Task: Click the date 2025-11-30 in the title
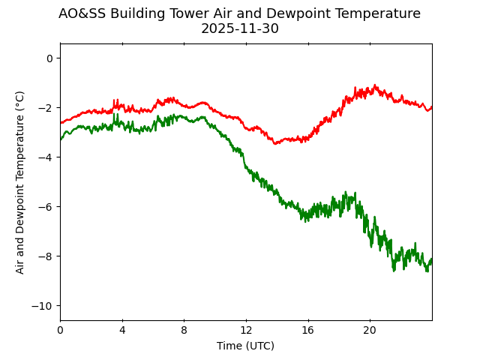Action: point(239,29)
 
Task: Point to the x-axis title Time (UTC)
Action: point(245,346)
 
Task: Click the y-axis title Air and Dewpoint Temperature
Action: point(20,182)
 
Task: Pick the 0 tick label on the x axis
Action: point(60,330)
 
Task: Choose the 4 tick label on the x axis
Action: point(122,330)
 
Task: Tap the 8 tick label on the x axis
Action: point(184,330)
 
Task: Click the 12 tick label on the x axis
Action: point(246,330)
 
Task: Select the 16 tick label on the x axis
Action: point(307,330)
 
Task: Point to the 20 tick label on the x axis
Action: point(370,330)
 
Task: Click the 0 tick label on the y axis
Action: point(49,58)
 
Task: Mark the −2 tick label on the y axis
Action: point(45,108)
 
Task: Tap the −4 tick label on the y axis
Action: point(45,157)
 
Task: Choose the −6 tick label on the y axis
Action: point(45,207)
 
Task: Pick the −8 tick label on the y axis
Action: point(45,256)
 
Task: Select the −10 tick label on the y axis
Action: point(42,306)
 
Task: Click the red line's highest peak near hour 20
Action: point(375,85)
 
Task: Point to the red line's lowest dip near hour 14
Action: point(276,143)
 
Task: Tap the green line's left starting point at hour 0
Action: point(61,139)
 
